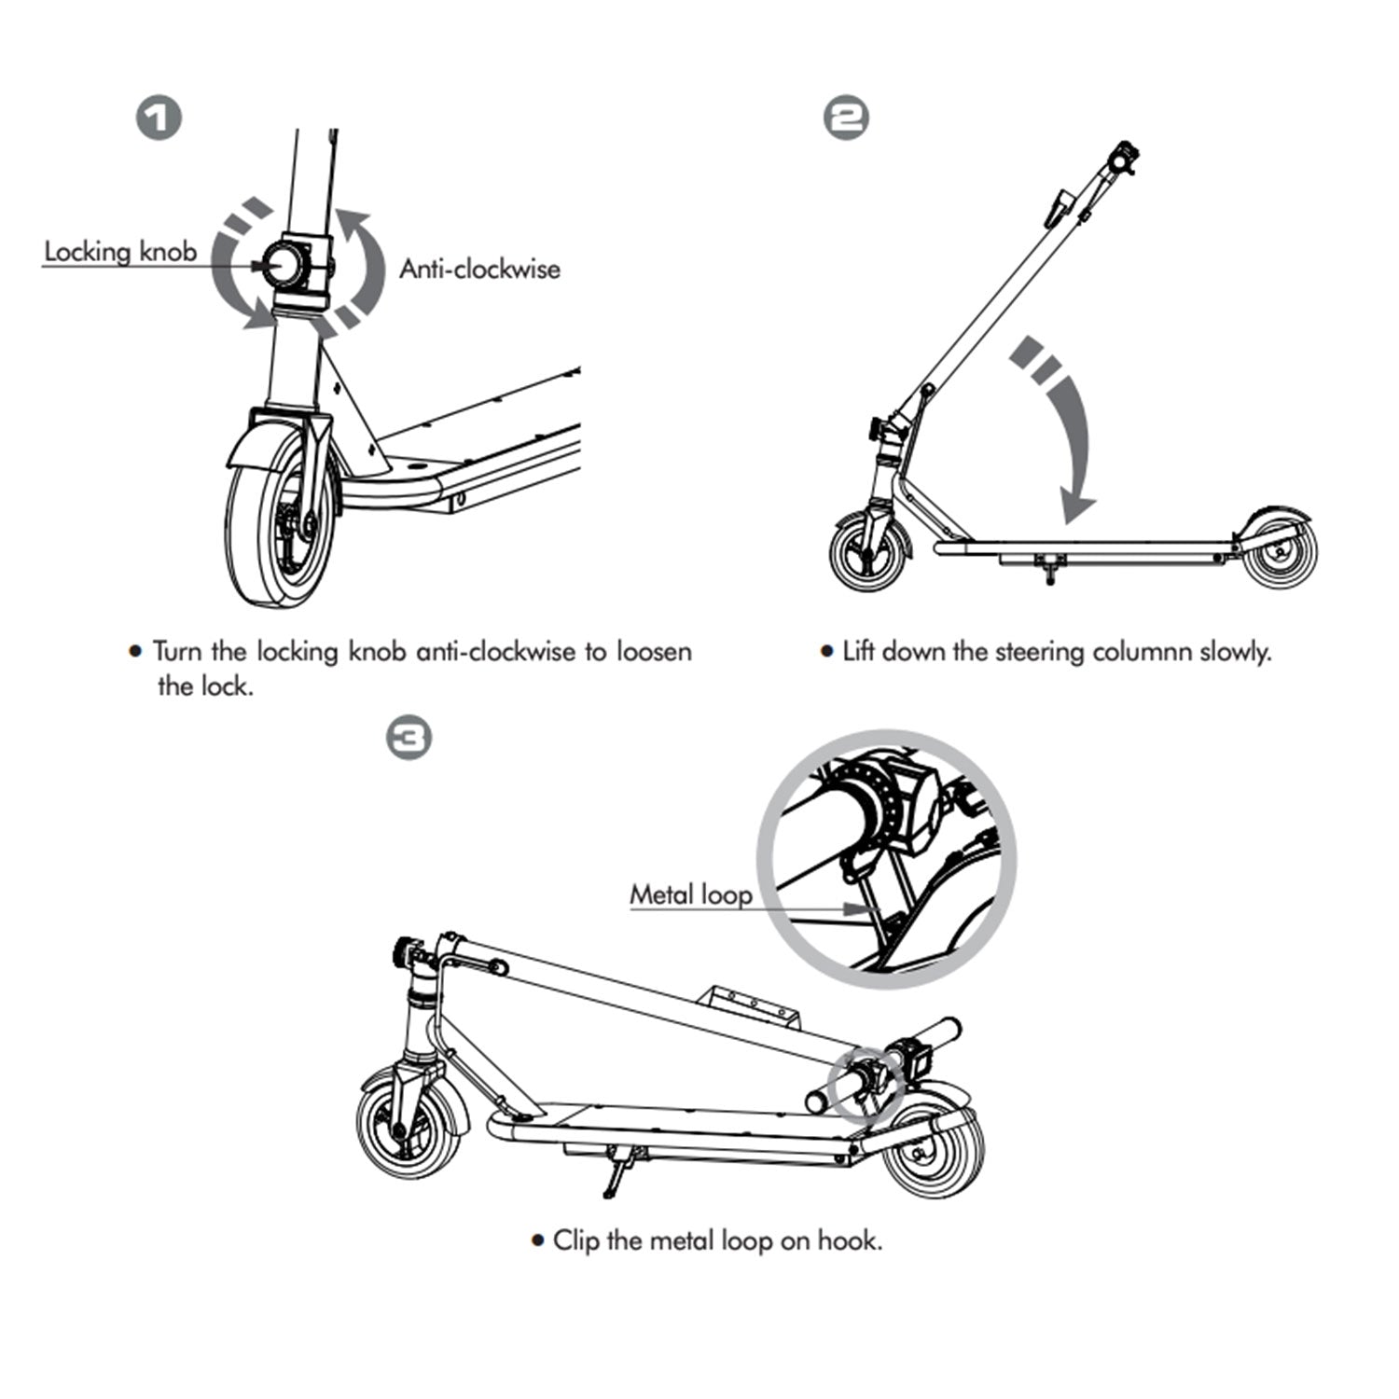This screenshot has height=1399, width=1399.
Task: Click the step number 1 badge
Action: tap(159, 119)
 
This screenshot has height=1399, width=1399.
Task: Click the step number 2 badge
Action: tap(847, 119)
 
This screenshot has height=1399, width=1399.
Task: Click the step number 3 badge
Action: tap(409, 739)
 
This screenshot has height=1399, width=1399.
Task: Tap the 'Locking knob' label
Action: tap(120, 252)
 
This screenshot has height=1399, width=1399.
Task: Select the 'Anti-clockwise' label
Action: tap(480, 270)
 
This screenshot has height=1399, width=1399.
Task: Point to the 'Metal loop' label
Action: tap(691, 895)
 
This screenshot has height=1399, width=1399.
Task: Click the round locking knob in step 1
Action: tap(284, 264)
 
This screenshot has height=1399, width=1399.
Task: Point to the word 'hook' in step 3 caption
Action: tap(847, 1240)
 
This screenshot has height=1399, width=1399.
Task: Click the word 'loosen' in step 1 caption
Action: tap(654, 651)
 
